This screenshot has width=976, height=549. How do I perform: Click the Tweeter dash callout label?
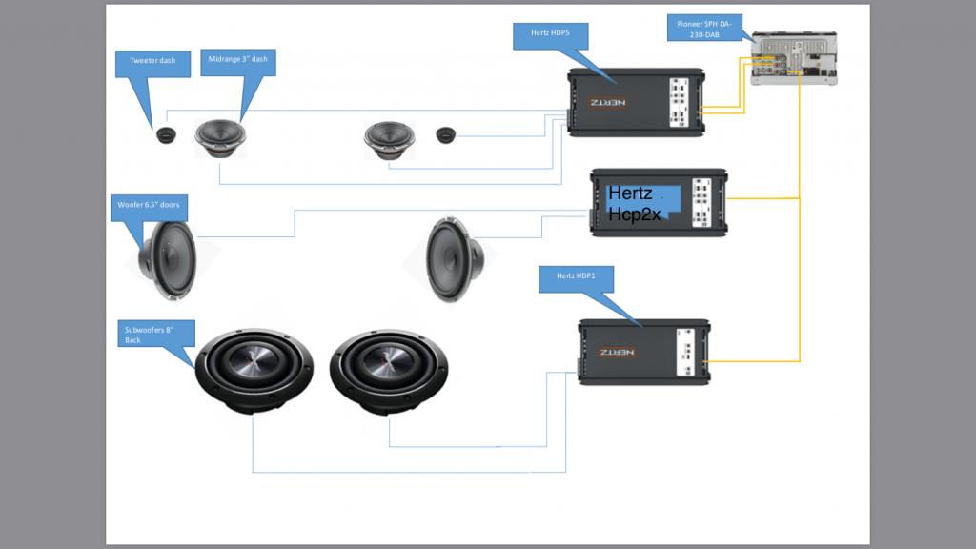click(152, 62)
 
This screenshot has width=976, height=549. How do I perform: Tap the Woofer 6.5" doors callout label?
click(148, 207)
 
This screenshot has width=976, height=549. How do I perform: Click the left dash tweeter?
click(167, 136)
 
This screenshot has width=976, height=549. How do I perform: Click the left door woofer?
click(168, 259)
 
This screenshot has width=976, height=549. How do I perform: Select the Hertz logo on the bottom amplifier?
click(617, 352)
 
